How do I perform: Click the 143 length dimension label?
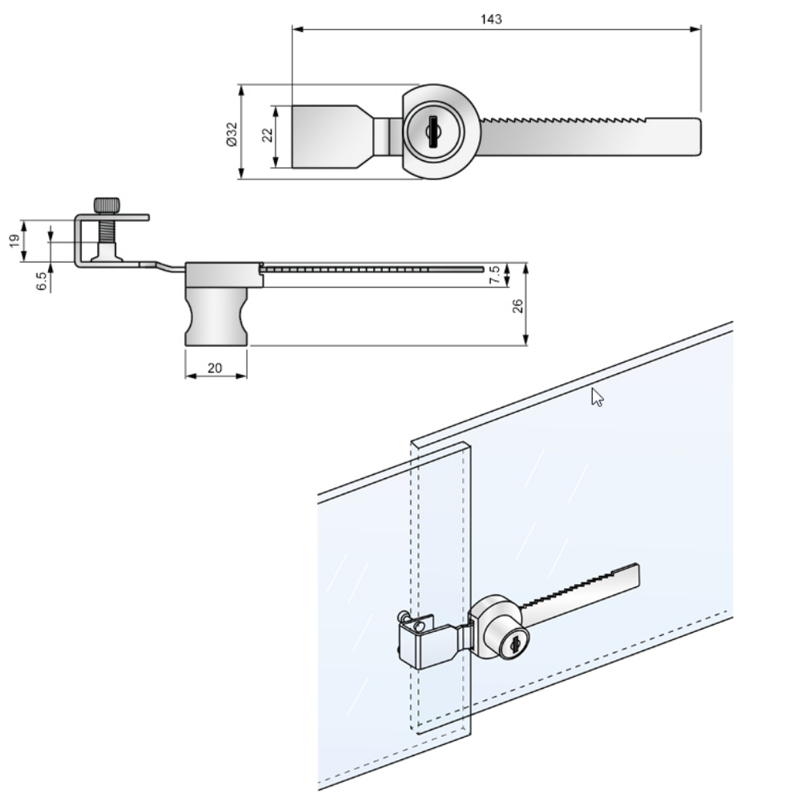tap(493, 19)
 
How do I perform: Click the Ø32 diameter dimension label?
tap(231, 133)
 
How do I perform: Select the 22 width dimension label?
tap(268, 136)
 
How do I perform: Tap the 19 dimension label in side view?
tap(14, 241)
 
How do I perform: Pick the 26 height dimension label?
tap(518, 304)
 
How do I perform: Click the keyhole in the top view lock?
tap(433, 131)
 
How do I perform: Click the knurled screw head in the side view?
tap(106, 206)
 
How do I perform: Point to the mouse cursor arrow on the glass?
tap(595, 396)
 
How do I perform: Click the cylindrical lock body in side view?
tap(216, 316)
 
